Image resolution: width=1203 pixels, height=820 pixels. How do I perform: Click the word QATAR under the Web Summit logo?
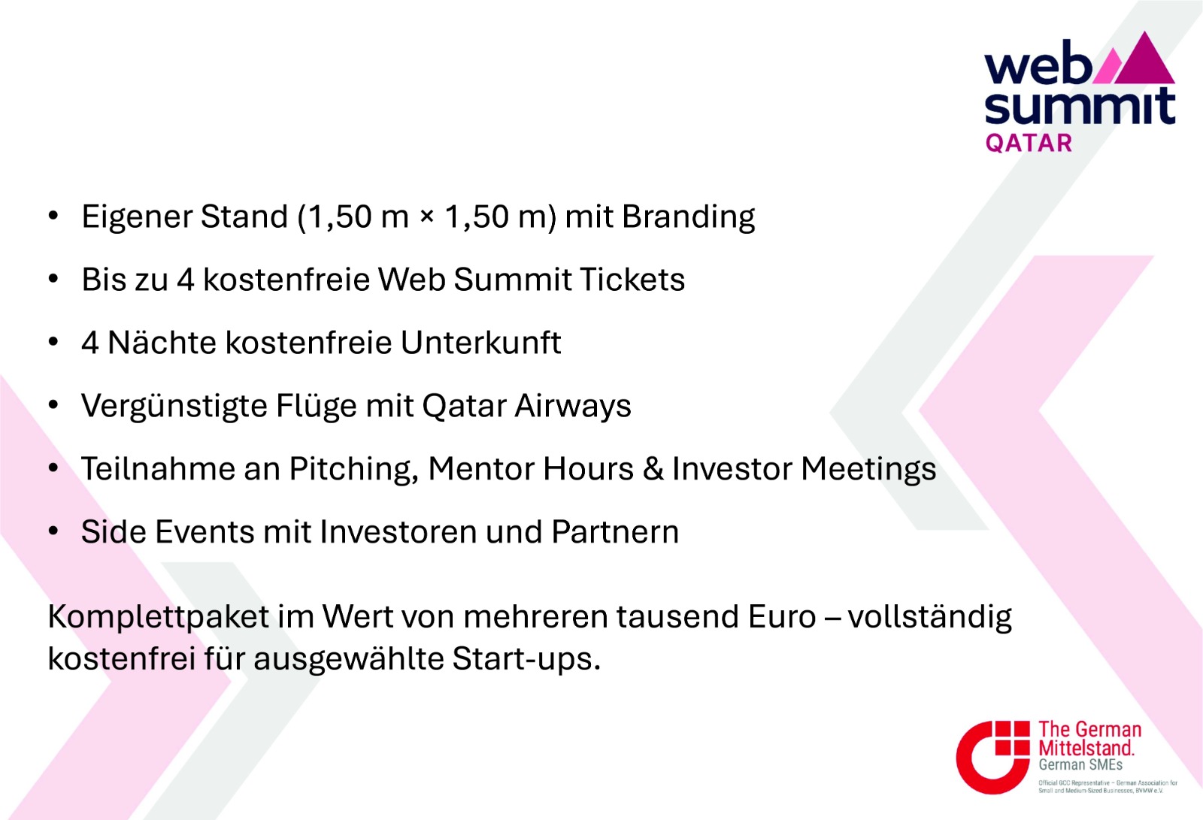click(x=1029, y=144)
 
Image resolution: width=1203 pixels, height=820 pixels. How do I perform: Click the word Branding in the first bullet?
click(x=688, y=217)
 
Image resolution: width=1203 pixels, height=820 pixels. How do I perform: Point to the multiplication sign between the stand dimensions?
click(x=427, y=218)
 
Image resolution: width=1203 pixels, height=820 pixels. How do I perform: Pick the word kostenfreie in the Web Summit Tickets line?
click(x=286, y=280)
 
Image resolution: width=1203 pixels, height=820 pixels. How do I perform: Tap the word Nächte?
click(x=162, y=343)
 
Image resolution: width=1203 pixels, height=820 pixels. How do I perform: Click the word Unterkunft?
click(x=480, y=343)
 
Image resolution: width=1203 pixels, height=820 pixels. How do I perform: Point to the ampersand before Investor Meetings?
click(x=653, y=469)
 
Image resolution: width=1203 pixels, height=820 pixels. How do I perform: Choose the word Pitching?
click(x=354, y=469)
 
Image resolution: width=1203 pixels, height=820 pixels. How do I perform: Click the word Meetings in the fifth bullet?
click(x=869, y=469)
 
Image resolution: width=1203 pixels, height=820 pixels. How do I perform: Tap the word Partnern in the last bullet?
click(x=615, y=532)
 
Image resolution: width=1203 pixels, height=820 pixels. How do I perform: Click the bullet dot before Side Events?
click(x=53, y=531)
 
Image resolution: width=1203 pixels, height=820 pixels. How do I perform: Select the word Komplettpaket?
click(x=159, y=617)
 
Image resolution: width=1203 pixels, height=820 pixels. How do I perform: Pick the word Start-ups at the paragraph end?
click(x=526, y=659)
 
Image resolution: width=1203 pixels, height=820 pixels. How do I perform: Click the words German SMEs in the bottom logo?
click(x=1080, y=764)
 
